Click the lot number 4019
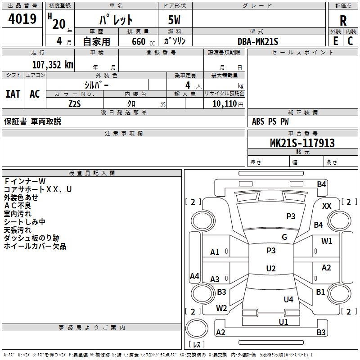(x=22, y=19)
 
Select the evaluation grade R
(x=343, y=20)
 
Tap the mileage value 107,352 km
(x=53, y=64)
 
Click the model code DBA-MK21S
(x=257, y=41)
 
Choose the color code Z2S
(x=75, y=103)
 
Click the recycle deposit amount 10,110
(x=224, y=103)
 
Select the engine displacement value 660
(x=138, y=41)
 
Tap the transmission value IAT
(x=13, y=94)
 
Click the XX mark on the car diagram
(x=327, y=206)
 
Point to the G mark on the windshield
(x=284, y=237)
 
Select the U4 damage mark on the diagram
(x=288, y=299)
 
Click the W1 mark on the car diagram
(x=327, y=241)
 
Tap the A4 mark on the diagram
(x=194, y=276)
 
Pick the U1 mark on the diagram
(x=283, y=322)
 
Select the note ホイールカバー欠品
(x=35, y=246)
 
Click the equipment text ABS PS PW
(x=270, y=121)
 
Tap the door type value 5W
(x=174, y=20)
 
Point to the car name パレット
(x=116, y=20)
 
